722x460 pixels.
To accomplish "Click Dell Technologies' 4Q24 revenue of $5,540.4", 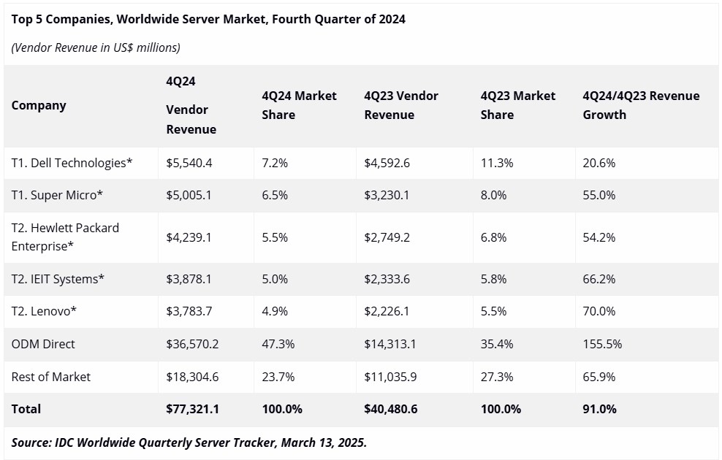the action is [189, 163].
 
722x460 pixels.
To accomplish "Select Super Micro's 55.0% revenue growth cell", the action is [598, 195].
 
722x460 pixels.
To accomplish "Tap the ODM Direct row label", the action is [43, 344].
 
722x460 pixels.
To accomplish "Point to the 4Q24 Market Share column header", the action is [299, 105].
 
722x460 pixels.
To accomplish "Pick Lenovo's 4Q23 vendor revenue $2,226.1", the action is [387, 312].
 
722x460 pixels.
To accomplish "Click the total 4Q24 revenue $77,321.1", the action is [192, 409].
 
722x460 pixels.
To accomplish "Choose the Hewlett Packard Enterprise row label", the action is [65, 237].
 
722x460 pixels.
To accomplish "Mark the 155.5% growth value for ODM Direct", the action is [602, 344].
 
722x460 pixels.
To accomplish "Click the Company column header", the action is [39, 105].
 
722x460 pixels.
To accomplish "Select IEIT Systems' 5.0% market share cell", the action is [275, 279].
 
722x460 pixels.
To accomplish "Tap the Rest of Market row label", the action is [50, 377].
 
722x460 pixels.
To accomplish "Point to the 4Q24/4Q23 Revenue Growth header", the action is [641, 105].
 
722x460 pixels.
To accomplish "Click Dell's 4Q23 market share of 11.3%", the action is [497, 163].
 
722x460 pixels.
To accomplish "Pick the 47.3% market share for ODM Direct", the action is [278, 344].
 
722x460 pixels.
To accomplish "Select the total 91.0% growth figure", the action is [599, 409].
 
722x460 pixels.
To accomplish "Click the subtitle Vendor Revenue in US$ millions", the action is [96, 47].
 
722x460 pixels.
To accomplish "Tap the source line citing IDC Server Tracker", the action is [189, 442].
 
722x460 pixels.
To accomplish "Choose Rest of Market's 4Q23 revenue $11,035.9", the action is [390, 377].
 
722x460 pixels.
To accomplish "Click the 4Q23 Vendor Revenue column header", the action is [401, 105].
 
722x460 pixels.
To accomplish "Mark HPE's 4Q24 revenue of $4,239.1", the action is [189, 237].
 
